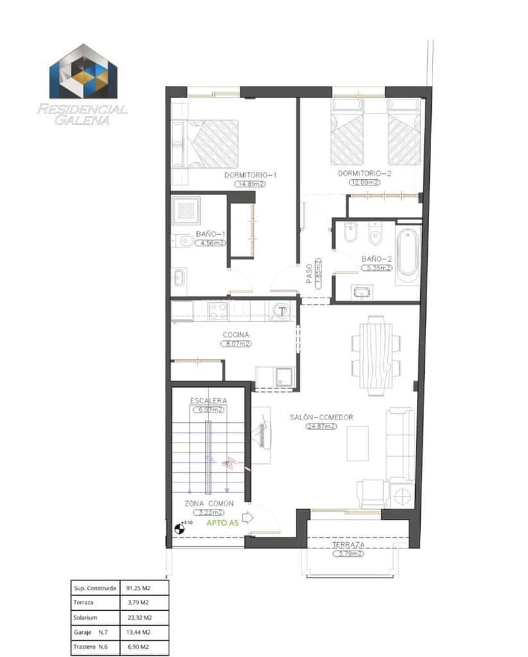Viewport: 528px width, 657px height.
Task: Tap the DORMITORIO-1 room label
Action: (x=250, y=175)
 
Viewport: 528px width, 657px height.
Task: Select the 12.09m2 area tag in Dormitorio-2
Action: (x=364, y=182)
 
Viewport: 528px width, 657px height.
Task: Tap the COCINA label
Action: (x=235, y=335)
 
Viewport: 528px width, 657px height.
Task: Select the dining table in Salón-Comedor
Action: (x=376, y=357)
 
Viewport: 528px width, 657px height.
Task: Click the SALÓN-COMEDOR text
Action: (x=321, y=417)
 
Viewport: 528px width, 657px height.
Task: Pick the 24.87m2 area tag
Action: (x=321, y=426)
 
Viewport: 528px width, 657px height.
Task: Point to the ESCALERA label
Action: (x=208, y=401)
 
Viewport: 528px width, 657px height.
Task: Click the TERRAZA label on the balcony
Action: (x=348, y=545)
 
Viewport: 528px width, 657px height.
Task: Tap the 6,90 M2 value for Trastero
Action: (x=139, y=647)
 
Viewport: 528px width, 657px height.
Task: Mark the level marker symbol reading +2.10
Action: (x=178, y=528)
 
